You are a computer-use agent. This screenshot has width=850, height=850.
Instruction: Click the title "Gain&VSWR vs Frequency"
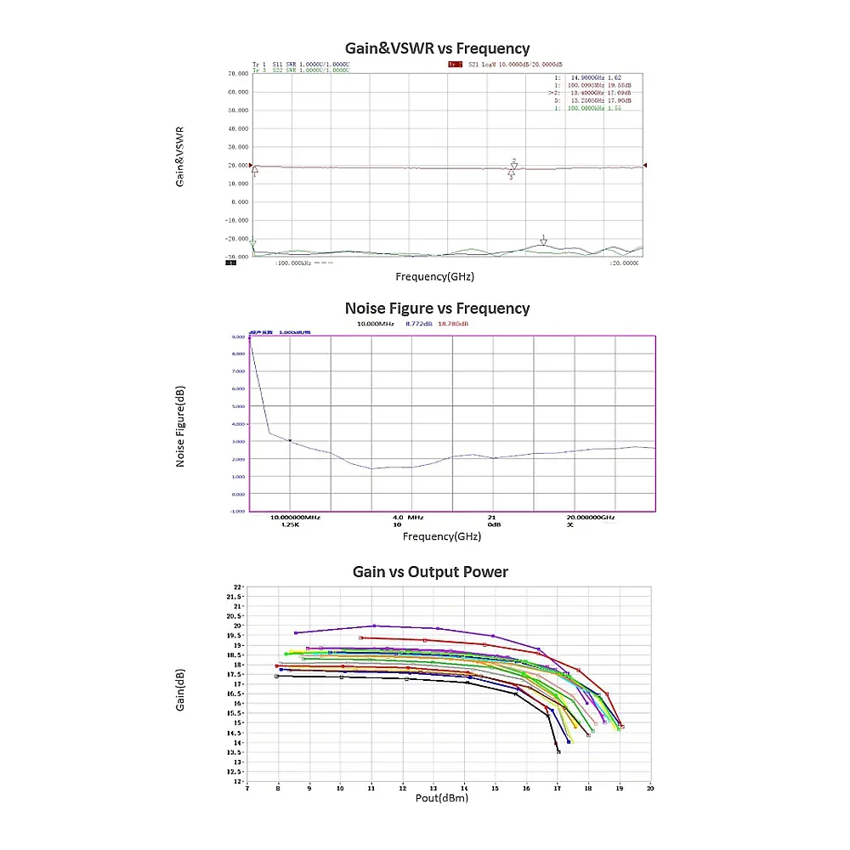[437, 48]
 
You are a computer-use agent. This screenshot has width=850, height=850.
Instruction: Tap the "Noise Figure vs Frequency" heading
[437, 309]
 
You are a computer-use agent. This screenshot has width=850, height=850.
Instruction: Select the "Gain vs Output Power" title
[430, 572]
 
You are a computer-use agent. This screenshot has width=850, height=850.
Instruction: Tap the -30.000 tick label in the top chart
[235, 256]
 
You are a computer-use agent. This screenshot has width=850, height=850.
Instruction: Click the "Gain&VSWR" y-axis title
[180, 157]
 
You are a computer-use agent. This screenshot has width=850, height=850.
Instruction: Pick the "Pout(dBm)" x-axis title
[441, 797]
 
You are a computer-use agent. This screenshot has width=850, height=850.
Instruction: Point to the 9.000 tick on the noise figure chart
[237, 337]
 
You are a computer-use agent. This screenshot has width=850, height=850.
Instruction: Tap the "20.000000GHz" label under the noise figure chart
[591, 517]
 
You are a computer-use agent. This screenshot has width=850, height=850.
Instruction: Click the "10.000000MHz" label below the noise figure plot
[295, 517]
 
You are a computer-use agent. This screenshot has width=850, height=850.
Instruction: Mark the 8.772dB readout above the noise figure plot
[419, 324]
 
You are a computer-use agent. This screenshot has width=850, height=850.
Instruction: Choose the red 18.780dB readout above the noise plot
[453, 324]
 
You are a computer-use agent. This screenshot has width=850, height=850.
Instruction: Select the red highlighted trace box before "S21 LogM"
[455, 64]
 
